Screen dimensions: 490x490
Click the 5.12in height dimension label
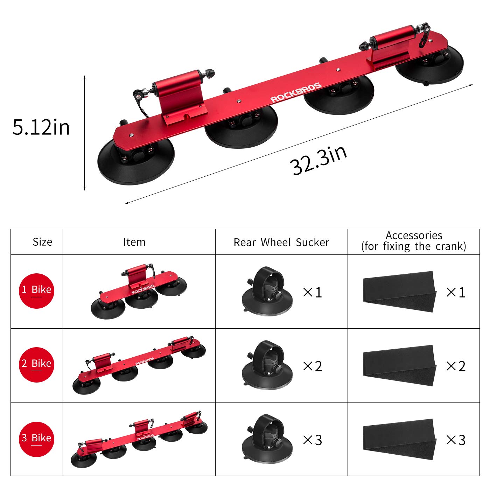coord(41,127)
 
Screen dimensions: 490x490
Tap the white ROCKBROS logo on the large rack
coord(296,93)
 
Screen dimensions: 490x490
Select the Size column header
coord(42,242)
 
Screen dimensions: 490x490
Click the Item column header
coord(134,242)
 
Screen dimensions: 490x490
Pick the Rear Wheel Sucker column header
coord(281,242)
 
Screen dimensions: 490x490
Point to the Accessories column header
coord(414,241)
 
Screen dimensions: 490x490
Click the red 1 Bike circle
coord(36,290)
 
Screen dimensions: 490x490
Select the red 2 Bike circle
coord(36,364)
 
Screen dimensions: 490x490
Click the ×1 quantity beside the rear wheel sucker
coord(312,292)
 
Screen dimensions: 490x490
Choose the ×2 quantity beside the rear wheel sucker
coord(312,366)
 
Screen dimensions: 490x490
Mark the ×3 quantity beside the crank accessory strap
coord(456,440)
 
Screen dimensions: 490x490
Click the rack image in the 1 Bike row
coord(139,291)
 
